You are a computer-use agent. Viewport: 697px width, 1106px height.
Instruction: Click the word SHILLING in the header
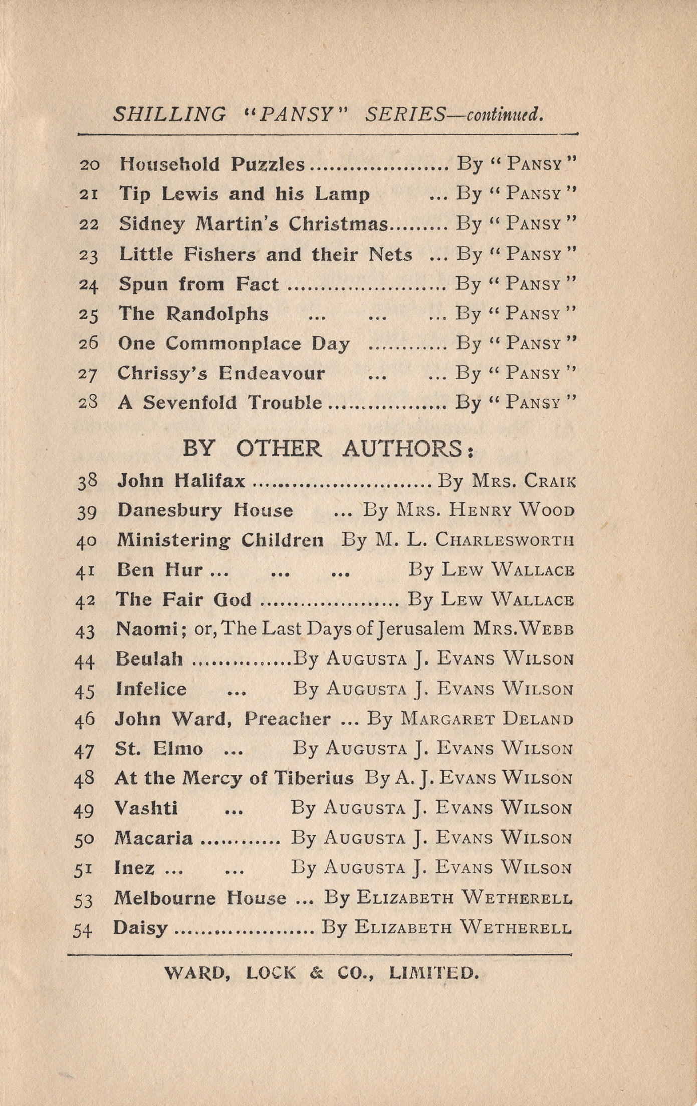[169, 115]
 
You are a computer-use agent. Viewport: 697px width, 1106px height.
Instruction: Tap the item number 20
[90, 165]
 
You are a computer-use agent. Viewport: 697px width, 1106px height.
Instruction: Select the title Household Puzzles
[211, 164]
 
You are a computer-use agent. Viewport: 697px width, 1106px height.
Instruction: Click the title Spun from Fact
[198, 284]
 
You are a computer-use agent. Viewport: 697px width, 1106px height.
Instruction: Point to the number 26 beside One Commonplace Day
[88, 343]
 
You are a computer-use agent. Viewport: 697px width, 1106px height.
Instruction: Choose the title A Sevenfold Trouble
[219, 402]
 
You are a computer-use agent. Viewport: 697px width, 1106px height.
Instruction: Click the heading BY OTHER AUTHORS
[328, 448]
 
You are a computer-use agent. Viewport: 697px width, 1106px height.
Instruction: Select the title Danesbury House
[205, 510]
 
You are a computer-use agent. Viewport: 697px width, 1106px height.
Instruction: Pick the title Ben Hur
[159, 570]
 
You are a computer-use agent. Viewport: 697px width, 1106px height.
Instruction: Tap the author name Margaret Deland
[487, 719]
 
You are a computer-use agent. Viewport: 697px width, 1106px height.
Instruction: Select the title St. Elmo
[159, 749]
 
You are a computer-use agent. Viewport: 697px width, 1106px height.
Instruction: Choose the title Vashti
[146, 808]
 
